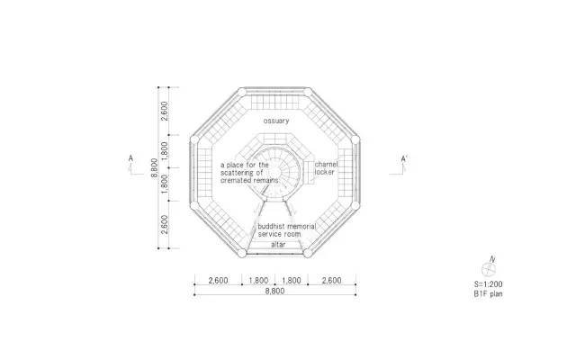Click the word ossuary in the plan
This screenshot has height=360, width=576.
(276, 121)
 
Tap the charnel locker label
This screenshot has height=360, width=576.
(326, 168)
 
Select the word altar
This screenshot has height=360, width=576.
(278, 244)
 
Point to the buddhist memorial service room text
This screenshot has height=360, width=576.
(286, 230)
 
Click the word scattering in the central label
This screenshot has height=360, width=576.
(237, 173)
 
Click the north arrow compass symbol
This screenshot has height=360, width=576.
(489, 267)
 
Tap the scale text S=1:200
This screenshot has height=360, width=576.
(488, 284)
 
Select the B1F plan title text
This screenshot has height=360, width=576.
(488, 294)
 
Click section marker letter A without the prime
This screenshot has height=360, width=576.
(130, 158)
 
